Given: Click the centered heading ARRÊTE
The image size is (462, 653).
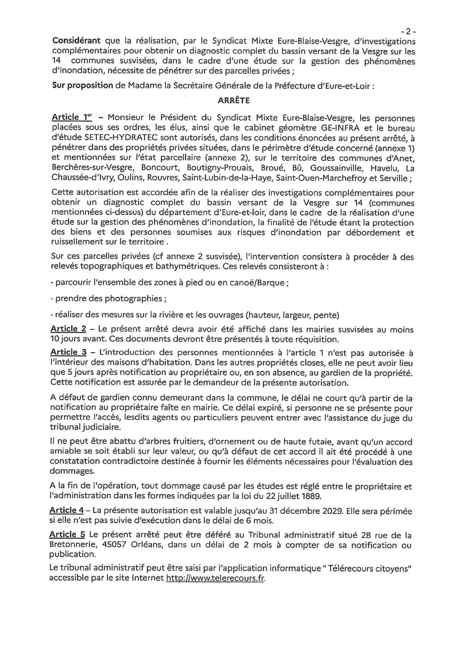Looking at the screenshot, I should [x=233, y=101].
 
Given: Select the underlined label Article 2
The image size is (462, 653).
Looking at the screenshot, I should [x=68, y=329].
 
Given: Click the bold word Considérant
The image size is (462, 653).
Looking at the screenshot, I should [x=76, y=41].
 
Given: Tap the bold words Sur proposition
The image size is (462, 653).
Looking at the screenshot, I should [x=83, y=86].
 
